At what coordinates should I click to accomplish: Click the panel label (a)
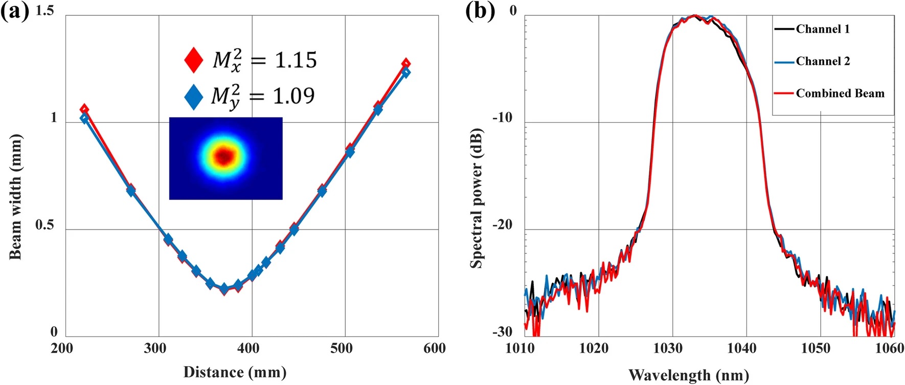(15, 11)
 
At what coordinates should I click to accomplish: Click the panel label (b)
(480, 11)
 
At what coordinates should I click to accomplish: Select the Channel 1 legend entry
(822, 29)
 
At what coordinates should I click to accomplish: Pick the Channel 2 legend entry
(822, 61)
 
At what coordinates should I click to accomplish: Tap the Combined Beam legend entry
(840, 94)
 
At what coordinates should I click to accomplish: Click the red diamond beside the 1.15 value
(194, 60)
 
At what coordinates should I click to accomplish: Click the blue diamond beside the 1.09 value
(194, 96)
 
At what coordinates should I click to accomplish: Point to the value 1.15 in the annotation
(296, 60)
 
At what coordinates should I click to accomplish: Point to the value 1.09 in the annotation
(293, 96)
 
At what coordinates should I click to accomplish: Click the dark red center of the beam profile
(224, 156)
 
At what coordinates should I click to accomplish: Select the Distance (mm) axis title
(235, 372)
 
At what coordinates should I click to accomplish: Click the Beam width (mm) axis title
(15, 197)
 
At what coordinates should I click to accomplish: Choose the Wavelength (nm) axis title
(688, 375)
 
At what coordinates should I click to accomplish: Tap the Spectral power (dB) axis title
(477, 198)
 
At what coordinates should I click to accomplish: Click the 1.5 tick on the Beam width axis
(45, 11)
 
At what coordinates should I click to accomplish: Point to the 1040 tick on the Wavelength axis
(741, 349)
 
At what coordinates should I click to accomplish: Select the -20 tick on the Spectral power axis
(503, 225)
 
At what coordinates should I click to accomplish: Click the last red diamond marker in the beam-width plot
(406, 64)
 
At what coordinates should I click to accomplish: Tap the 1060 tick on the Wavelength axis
(889, 349)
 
